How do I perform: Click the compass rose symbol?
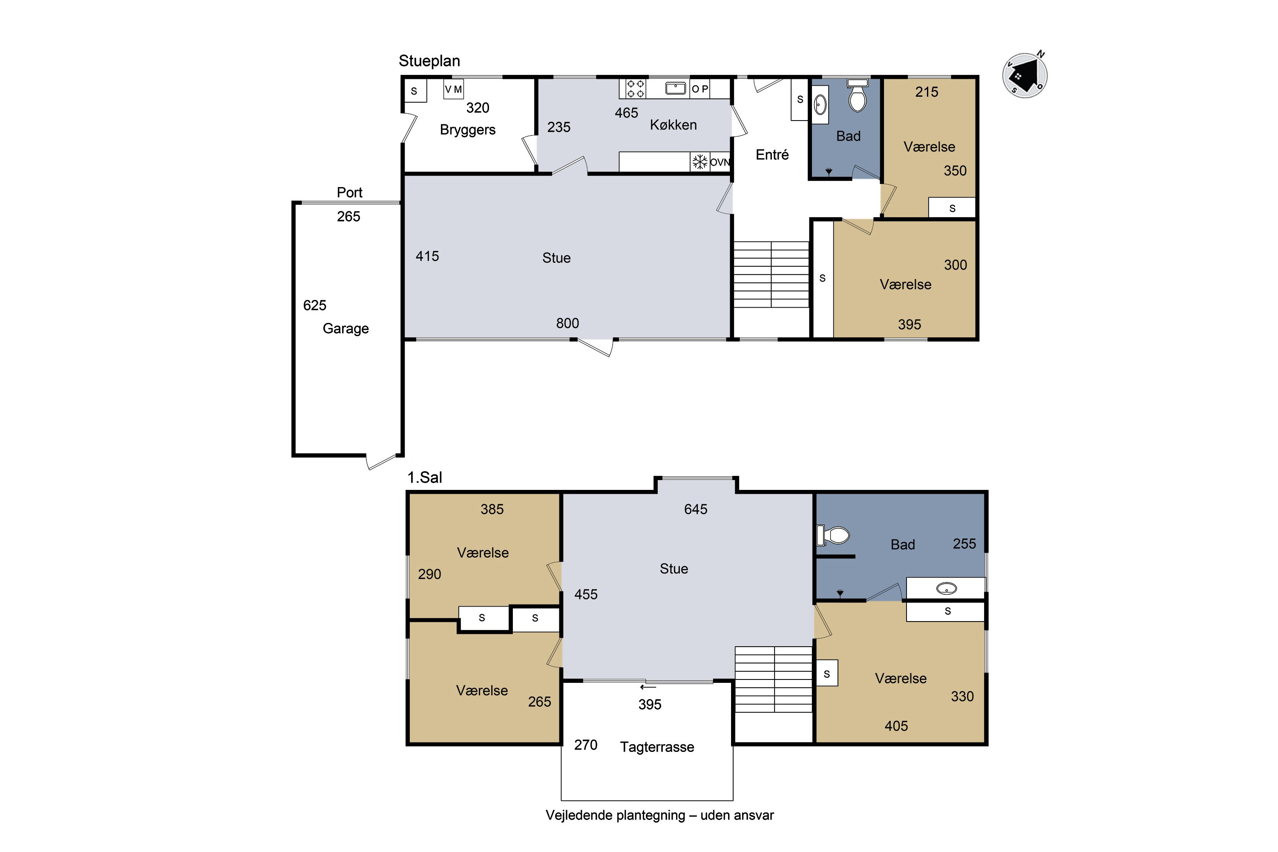[x=1025, y=75]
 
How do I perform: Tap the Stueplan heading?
[x=429, y=61]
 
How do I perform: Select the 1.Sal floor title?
[x=424, y=478]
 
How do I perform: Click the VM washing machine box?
[x=454, y=89]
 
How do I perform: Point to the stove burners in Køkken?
[x=635, y=89]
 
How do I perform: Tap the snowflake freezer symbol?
[x=700, y=162]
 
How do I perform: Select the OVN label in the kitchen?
[x=720, y=162]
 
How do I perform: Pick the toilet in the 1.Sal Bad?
[x=833, y=535]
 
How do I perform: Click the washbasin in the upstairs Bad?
[x=947, y=588]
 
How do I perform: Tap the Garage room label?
[x=345, y=329]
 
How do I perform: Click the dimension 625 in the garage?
[x=315, y=305]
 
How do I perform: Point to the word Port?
[x=349, y=193]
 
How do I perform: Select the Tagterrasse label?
[x=657, y=747]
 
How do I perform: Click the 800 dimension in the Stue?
[x=567, y=323]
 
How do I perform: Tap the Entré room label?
[x=772, y=155]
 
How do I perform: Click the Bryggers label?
[x=468, y=130]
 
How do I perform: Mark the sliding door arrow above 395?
[x=648, y=688]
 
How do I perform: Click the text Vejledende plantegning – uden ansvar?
[x=659, y=815]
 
